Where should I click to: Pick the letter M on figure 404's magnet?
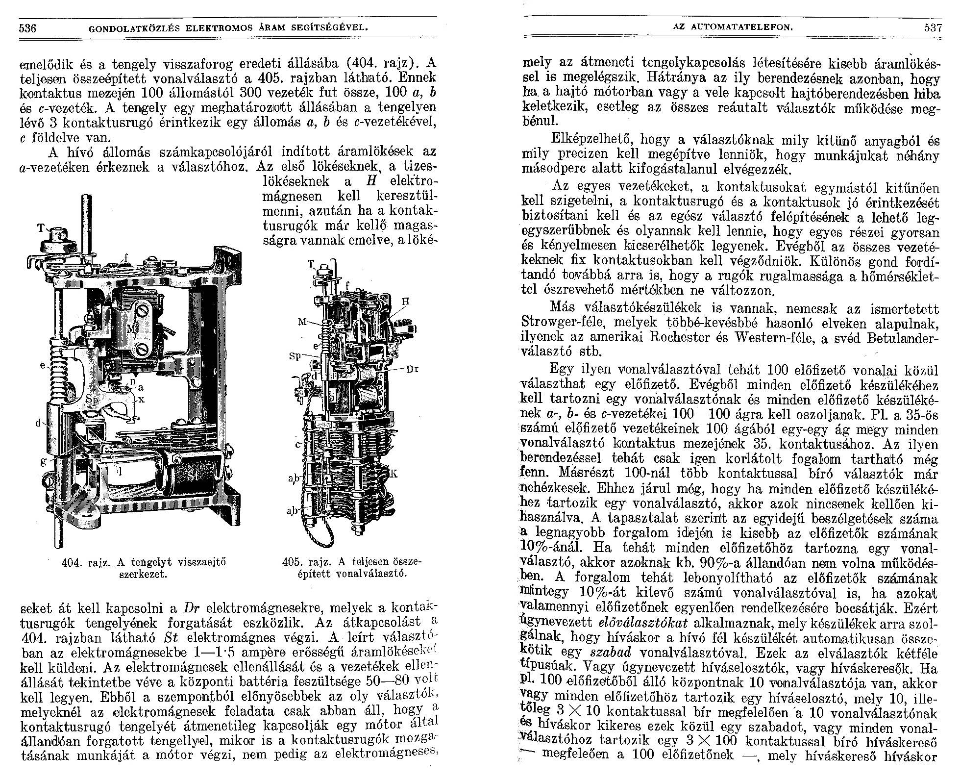pos(131,328)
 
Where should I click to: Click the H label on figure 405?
pos(405,302)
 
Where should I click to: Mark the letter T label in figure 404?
pos(40,228)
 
